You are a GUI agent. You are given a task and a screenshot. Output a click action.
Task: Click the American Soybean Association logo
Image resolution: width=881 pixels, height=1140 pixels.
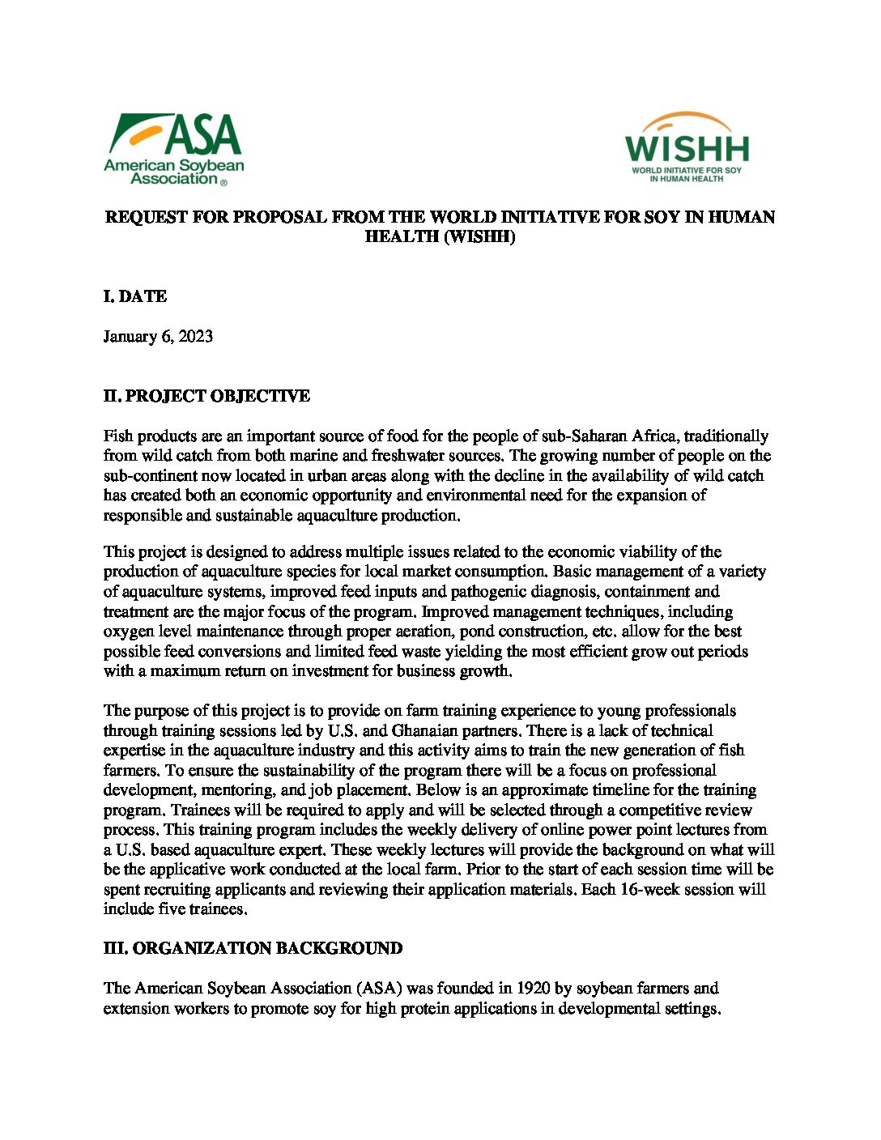click(x=173, y=149)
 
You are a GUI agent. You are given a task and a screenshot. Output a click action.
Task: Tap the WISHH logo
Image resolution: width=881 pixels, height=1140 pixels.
click(x=687, y=147)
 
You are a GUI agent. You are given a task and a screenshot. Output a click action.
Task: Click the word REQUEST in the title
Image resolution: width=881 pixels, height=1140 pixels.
click(x=144, y=217)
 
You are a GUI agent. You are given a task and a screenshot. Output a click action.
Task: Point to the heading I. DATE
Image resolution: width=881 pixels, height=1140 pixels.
click(x=135, y=296)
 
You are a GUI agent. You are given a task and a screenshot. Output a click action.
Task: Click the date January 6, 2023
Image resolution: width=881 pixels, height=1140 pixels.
click(x=158, y=336)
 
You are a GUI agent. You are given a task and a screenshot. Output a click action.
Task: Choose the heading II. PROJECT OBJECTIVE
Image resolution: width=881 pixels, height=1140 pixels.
click(x=206, y=396)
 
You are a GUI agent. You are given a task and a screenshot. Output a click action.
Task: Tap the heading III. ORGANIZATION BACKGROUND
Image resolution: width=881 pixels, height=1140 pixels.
click(x=253, y=948)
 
